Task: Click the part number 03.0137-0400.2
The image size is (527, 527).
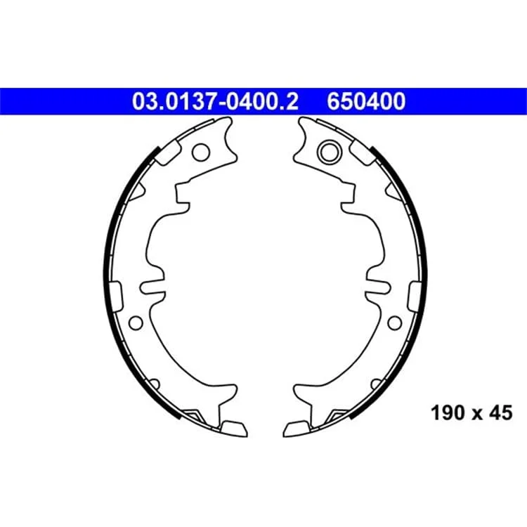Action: tap(215, 101)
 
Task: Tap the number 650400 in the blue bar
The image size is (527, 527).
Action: tap(366, 101)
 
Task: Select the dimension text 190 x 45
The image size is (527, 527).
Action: tap(471, 412)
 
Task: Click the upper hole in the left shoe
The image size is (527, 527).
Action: tap(201, 152)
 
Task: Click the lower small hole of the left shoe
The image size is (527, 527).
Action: tap(136, 323)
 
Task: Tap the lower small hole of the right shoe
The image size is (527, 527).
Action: tap(395, 323)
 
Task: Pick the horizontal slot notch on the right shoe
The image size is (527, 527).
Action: tap(378, 287)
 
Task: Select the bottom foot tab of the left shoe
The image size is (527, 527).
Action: tap(234, 429)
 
